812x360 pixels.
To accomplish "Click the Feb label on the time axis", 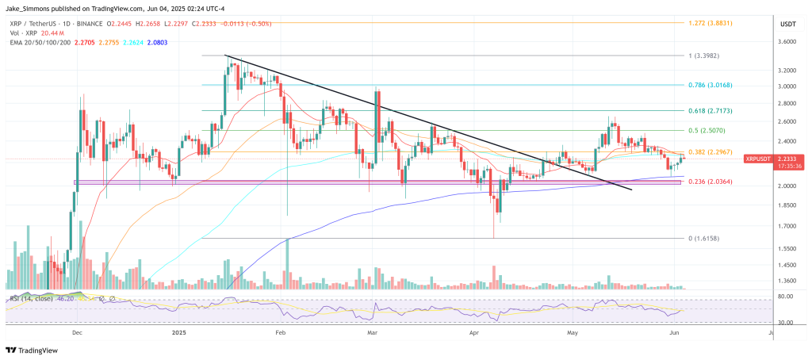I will (x=280, y=334).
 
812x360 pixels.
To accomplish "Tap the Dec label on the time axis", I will (x=77, y=334).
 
